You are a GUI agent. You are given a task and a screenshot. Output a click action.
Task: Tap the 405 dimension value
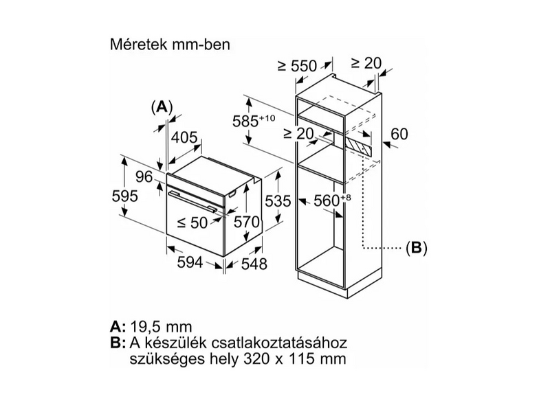(184, 137)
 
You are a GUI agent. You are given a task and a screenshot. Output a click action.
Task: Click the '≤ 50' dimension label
(191, 222)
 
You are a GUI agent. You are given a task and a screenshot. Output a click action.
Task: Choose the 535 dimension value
(279, 201)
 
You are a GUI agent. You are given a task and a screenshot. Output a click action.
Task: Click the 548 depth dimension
(253, 264)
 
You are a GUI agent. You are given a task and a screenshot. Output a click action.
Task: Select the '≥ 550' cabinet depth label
(296, 66)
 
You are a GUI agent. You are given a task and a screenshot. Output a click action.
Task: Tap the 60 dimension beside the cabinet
(399, 133)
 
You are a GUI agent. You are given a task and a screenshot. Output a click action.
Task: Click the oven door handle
(194, 201)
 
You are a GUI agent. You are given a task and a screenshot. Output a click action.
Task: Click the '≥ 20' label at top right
(366, 62)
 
